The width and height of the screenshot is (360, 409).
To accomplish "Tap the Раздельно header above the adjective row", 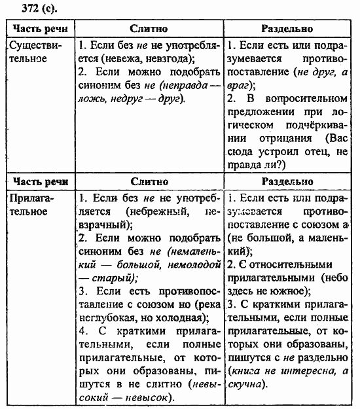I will [287, 181].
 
